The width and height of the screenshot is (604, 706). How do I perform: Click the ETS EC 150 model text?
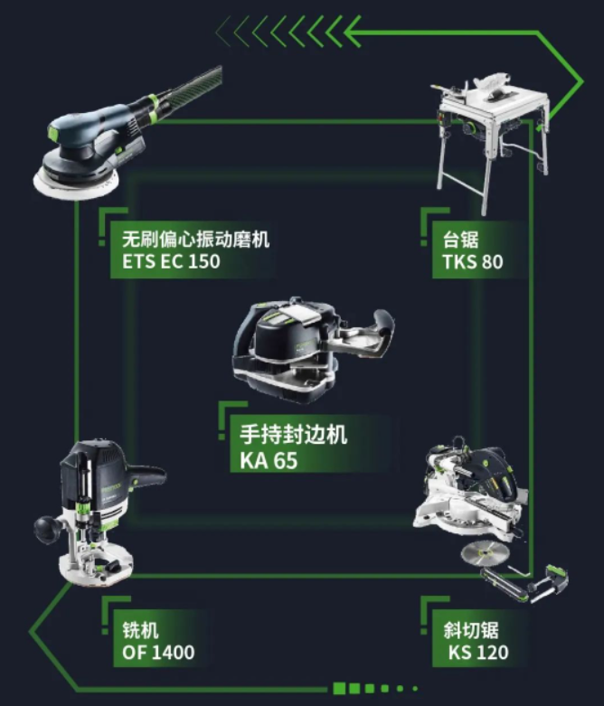click(171, 261)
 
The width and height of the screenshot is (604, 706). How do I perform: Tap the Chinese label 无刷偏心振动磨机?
click(196, 239)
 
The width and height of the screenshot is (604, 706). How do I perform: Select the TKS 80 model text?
click(473, 261)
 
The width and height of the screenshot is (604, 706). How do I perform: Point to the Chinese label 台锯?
click(460, 239)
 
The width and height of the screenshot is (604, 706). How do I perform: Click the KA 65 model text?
click(269, 460)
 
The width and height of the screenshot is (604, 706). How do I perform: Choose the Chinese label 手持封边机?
click(293, 435)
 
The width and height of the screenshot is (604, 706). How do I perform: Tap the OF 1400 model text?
click(158, 652)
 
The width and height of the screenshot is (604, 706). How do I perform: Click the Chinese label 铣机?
click(140, 630)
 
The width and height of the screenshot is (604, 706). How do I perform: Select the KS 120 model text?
click(478, 652)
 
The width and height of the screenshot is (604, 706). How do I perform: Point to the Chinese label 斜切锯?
click(471, 630)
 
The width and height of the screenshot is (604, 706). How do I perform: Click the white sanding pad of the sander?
click(76, 184)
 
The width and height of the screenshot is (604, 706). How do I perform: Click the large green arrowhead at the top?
click(353, 32)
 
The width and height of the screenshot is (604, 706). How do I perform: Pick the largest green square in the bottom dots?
click(339, 688)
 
